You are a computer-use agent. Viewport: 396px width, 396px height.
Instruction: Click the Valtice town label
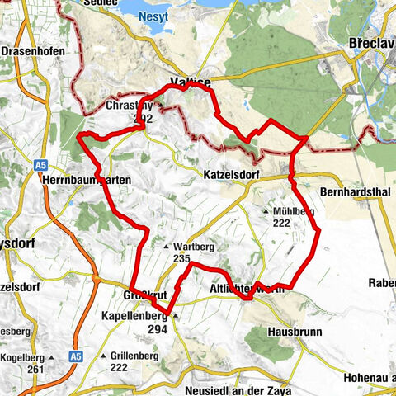click(x=189, y=82)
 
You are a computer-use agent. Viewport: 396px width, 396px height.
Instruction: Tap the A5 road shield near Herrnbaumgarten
click(x=41, y=166)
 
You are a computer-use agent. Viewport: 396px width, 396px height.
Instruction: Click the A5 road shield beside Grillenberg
click(x=76, y=356)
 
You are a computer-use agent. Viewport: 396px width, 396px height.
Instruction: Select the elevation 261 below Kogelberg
click(x=35, y=369)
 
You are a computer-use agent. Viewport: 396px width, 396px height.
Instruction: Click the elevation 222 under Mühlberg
click(x=282, y=224)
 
